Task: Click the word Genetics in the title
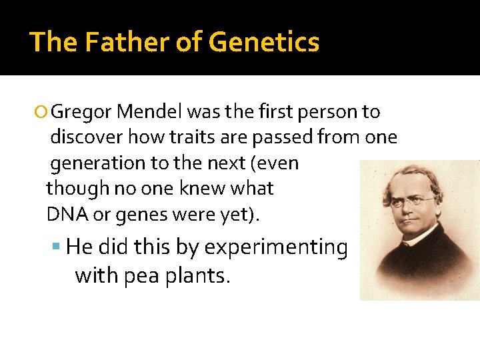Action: click(x=264, y=42)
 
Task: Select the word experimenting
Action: click(x=276, y=248)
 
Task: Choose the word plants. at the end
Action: click(x=200, y=275)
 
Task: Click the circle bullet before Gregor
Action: click(x=43, y=112)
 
